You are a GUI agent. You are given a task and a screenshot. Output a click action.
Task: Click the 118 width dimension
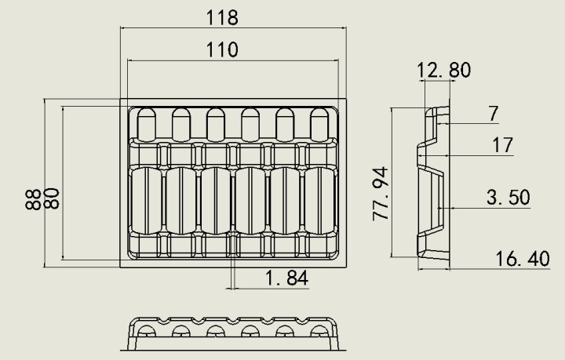click(222, 17)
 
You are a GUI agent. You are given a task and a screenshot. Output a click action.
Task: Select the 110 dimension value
click(222, 49)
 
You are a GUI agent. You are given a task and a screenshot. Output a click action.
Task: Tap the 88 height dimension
click(33, 199)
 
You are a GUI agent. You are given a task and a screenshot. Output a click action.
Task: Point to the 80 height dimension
click(53, 198)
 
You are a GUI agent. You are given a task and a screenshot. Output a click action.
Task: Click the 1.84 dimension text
click(287, 278)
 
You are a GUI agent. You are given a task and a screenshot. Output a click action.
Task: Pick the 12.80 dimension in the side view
click(443, 71)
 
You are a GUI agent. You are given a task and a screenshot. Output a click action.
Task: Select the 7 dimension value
click(494, 113)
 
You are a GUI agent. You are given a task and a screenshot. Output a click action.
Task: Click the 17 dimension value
click(502, 145)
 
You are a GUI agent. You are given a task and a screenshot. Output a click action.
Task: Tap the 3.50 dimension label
click(508, 198)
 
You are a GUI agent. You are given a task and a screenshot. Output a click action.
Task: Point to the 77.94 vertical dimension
click(381, 194)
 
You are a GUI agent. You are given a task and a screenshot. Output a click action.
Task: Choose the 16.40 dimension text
click(523, 259)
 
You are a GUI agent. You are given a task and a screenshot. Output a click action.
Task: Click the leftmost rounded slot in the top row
click(147, 125)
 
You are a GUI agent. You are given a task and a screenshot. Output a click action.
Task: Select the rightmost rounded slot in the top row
click(319, 125)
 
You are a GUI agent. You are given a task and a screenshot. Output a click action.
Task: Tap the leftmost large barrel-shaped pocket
click(147, 201)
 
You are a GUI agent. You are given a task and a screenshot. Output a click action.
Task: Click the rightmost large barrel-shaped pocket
click(319, 201)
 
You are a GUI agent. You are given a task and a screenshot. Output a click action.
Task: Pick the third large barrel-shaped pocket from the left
click(216, 201)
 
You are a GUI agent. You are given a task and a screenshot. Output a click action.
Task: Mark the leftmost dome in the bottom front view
click(147, 331)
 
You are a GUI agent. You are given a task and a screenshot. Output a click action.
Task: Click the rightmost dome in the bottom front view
click(319, 331)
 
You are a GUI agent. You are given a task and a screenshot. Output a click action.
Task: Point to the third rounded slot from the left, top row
click(216, 125)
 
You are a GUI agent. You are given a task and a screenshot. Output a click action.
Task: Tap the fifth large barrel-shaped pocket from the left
click(285, 201)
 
